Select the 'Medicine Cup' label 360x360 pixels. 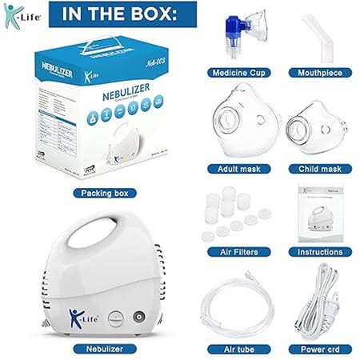pos(238,73)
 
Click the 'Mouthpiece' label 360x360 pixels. pos(320,73)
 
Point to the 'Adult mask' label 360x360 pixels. pos(238,169)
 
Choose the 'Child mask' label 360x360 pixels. pos(320,169)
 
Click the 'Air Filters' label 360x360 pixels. pos(238,251)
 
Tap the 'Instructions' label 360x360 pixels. pos(320,251)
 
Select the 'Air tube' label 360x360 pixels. pos(238,349)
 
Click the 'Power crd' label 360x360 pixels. pos(320,349)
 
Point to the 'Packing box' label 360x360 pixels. pos(104,193)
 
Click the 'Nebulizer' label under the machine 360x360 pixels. pos(104,349)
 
